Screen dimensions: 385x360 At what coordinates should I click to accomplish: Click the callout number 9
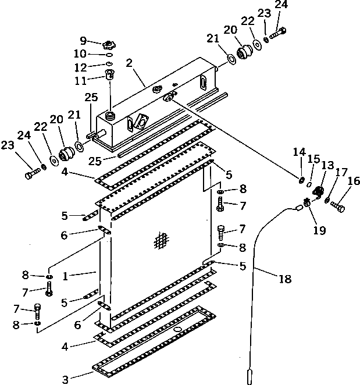pyautogui.click(x=83, y=41)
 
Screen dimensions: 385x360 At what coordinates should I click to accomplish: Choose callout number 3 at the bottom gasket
pyautogui.click(x=65, y=380)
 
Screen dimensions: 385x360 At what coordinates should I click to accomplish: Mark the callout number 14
pyautogui.click(x=299, y=152)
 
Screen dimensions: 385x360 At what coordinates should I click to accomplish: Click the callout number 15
pyautogui.click(x=314, y=158)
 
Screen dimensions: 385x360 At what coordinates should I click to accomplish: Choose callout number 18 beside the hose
pyautogui.click(x=284, y=279)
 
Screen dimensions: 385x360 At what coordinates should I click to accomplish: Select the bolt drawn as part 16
pyautogui.click(x=338, y=205)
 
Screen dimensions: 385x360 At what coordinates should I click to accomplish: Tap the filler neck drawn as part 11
pyautogui.click(x=109, y=75)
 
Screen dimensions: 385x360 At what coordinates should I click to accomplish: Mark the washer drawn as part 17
pyautogui.click(x=328, y=201)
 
